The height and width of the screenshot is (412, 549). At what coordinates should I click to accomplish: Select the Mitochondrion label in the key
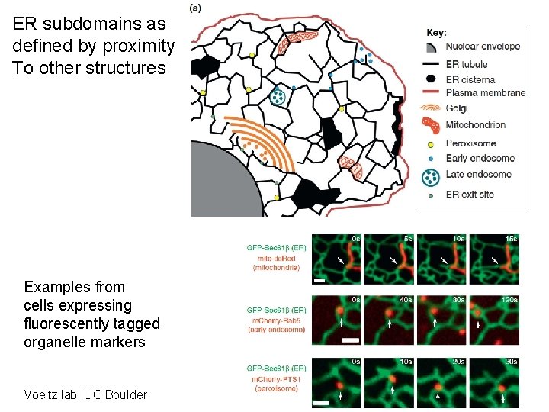[x=476, y=125]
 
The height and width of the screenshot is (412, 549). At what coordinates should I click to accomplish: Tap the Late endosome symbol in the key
[x=431, y=177]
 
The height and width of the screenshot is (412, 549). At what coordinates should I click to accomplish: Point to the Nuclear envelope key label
[x=483, y=46]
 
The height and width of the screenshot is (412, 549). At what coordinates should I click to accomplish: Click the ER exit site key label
[x=470, y=195]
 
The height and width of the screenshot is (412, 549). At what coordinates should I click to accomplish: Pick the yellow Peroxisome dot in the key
[x=431, y=143]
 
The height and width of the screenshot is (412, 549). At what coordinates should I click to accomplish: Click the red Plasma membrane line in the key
[x=431, y=93]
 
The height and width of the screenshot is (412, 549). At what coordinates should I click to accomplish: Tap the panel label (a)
[x=195, y=8]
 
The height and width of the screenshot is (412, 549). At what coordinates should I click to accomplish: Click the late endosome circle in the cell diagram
[x=279, y=96]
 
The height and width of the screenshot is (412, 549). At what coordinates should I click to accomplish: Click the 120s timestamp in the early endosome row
[x=509, y=300]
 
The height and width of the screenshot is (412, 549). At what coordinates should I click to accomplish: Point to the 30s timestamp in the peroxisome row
[x=511, y=361]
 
